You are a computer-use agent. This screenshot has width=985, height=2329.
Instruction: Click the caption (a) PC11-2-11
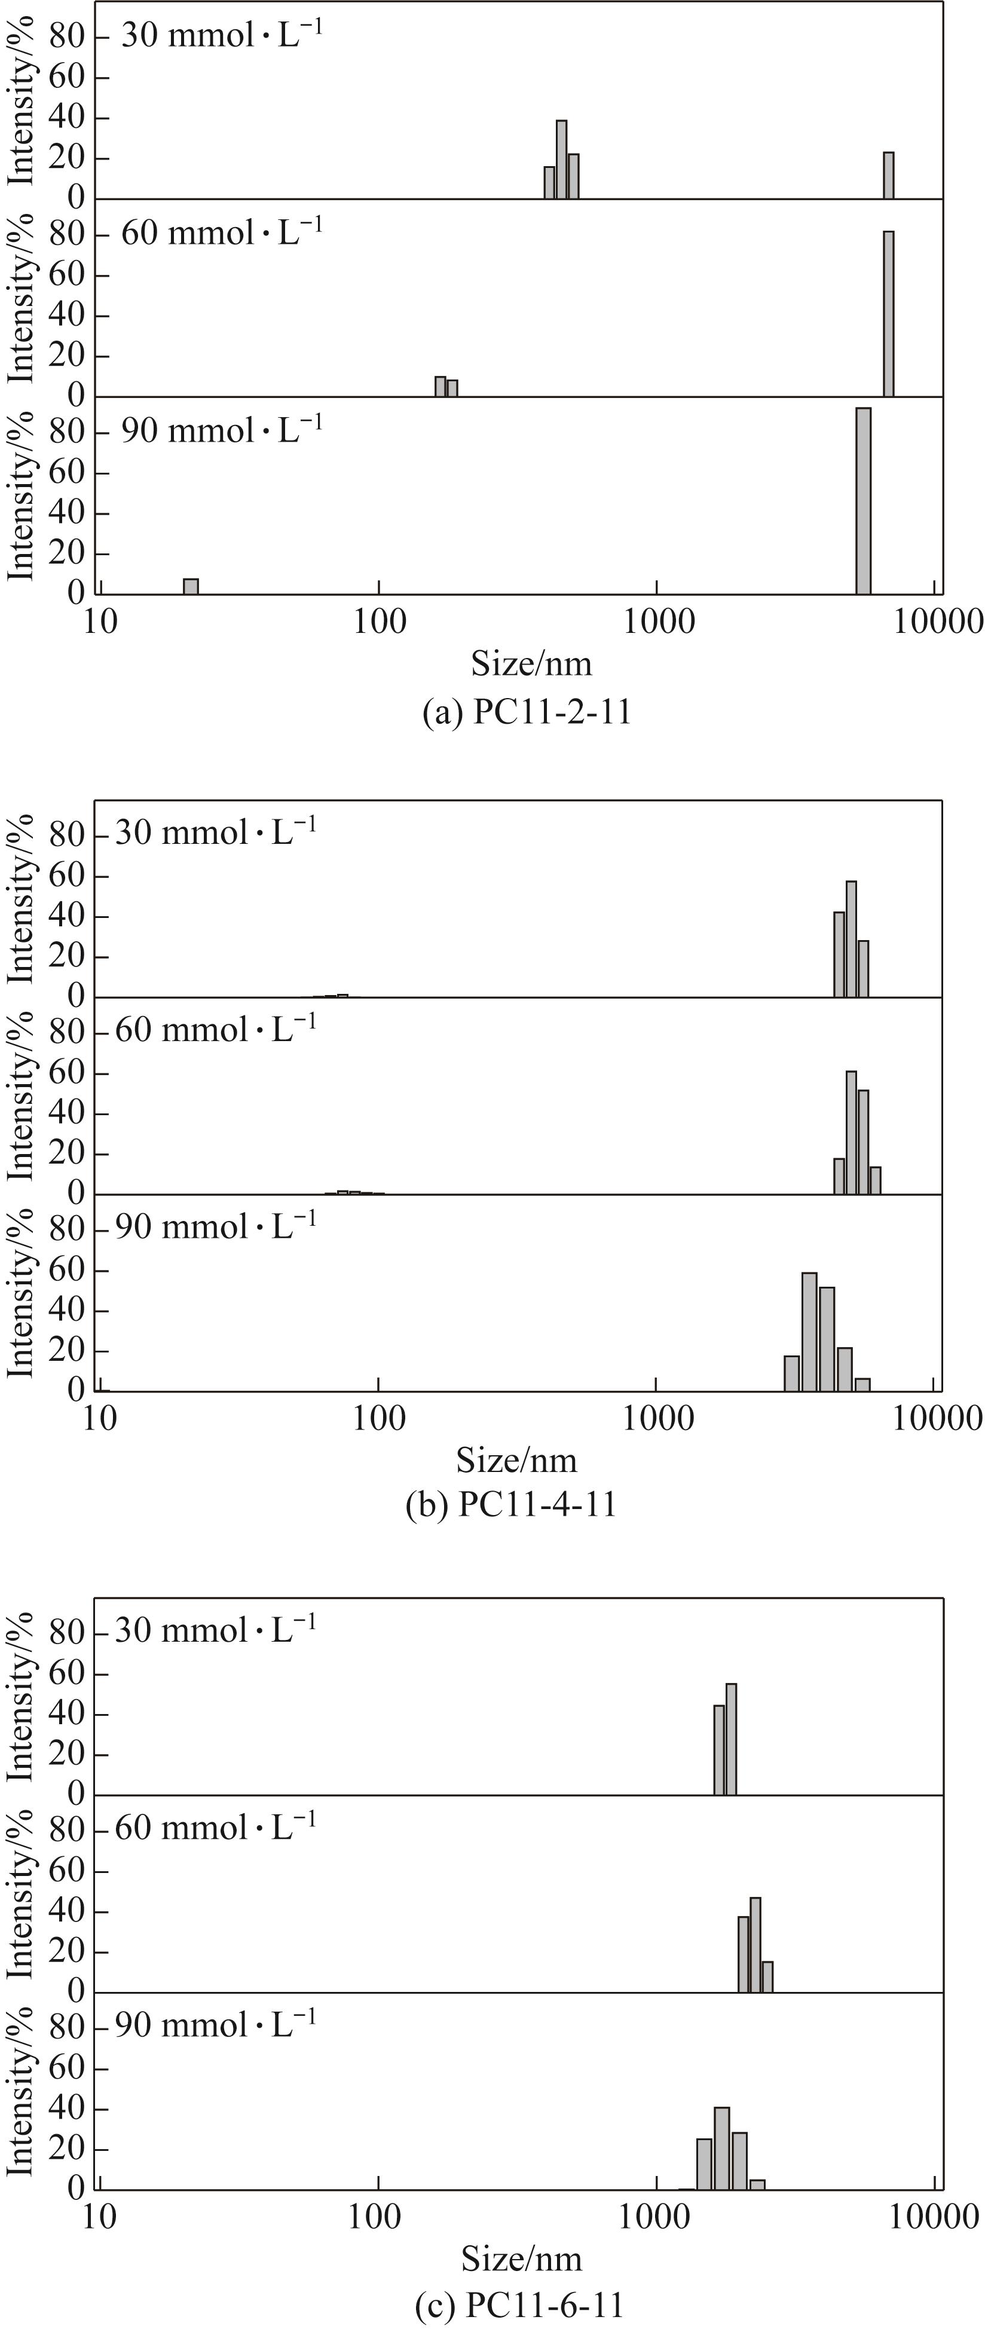pyautogui.click(x=527, y=712)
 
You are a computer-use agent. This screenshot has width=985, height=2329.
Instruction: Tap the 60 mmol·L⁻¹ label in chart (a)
pyautogui.click(x=222, y=233)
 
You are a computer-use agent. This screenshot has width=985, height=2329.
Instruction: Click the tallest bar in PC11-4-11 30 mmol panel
pyautogui.click(x=851, y=938)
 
